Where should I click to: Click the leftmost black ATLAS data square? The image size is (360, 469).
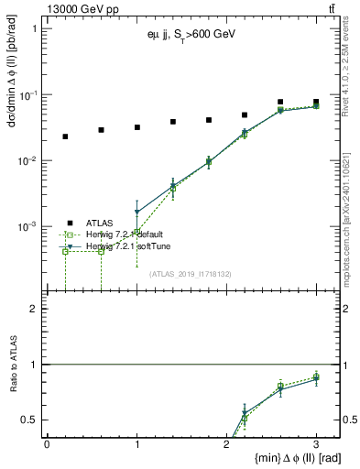click(65, 136)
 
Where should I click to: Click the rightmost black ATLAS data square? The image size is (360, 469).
click(316, 103)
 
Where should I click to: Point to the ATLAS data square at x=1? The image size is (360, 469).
click(136, 127)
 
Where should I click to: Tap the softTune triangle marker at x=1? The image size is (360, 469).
click(136, 213)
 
